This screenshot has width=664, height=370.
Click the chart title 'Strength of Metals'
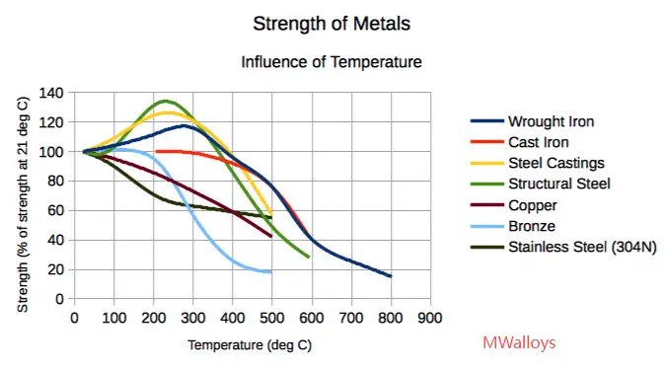point(332,23)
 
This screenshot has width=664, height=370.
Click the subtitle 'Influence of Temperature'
point(332,62)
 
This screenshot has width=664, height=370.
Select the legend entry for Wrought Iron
point(552,121)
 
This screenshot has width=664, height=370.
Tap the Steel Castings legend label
point(555,163)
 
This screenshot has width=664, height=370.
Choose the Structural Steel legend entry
point(559,184)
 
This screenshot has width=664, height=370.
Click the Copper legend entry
point(532,205)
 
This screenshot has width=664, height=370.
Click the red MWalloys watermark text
point(519,343)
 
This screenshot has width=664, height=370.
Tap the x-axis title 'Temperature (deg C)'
point(251,345)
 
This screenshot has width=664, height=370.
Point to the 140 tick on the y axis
point(53,93)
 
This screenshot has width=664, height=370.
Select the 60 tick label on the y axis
point(57,210)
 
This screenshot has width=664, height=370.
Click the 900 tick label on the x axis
point(429,318)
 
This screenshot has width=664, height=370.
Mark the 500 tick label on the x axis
point(271,318)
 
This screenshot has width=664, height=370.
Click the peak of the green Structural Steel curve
point(165,101)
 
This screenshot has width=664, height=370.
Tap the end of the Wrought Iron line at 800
point(390,276)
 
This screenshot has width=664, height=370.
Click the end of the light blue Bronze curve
point(270,271)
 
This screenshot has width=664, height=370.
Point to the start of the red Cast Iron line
point(156,151)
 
